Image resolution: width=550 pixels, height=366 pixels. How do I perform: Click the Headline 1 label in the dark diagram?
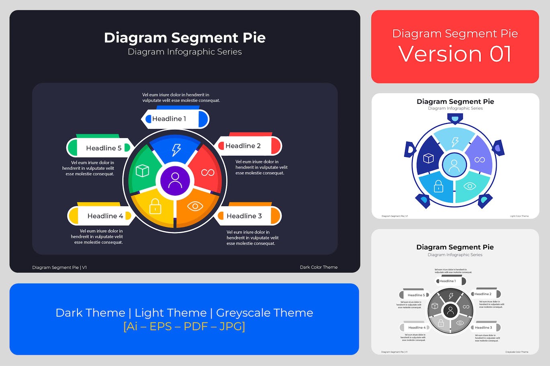(x=169, y=119)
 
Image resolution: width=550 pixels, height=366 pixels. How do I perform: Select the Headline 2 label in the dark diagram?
(x=243, y=146)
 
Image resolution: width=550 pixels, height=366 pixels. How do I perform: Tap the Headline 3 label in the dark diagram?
(x=244, y=216)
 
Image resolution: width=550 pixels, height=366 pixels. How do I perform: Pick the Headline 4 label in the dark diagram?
(x=105, y=216)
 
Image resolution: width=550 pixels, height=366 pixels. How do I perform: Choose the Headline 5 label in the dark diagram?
(x=104, y=148)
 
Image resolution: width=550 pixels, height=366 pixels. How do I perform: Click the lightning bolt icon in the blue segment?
(x=176, y=150)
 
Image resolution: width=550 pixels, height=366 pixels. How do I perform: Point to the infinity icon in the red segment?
(x=208, y=172)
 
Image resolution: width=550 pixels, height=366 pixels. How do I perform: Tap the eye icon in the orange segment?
(x=195, y=206)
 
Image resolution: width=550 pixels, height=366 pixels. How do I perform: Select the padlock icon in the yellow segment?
(x=155, y=206)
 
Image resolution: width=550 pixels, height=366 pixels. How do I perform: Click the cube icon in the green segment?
(x=142, y=171)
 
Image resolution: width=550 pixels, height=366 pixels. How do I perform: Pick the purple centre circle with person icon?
(x=175, y=180)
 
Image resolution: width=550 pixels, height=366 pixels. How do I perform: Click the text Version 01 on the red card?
(x=455, y=54)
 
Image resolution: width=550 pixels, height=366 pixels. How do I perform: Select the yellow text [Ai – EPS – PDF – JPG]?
(x=184, y=326)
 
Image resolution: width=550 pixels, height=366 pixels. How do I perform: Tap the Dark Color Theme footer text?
(x=318, y=267)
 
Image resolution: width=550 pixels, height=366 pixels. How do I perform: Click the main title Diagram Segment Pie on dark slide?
(x=185, y=38)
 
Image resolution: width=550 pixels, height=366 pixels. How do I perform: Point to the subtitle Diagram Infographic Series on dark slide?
(x=185, y=52)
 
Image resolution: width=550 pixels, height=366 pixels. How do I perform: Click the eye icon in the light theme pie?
(x=470, y=186)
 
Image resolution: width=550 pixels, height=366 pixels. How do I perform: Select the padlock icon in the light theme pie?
(x=438, y=186)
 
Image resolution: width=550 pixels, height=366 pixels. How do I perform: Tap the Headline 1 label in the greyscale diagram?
(x=447, y=281)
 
